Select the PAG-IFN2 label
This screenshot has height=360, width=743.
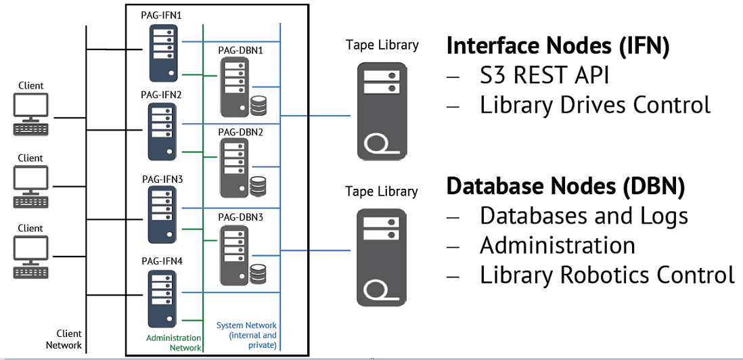pos(162,95)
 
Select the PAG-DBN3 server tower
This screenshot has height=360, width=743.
pos(233,256)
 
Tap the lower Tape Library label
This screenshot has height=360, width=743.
pos(382,192)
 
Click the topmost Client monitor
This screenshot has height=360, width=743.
pos(30,106)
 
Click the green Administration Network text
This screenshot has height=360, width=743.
pos(174,342)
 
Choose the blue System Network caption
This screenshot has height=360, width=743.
pos(246,335)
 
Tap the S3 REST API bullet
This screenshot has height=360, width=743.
pos(544,75)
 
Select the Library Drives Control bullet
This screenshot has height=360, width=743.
pos(595,105)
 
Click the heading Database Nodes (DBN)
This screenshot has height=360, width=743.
pos(566,185)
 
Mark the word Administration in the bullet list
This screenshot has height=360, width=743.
pos(557,245)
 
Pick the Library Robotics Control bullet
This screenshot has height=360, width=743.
pos(606,275)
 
